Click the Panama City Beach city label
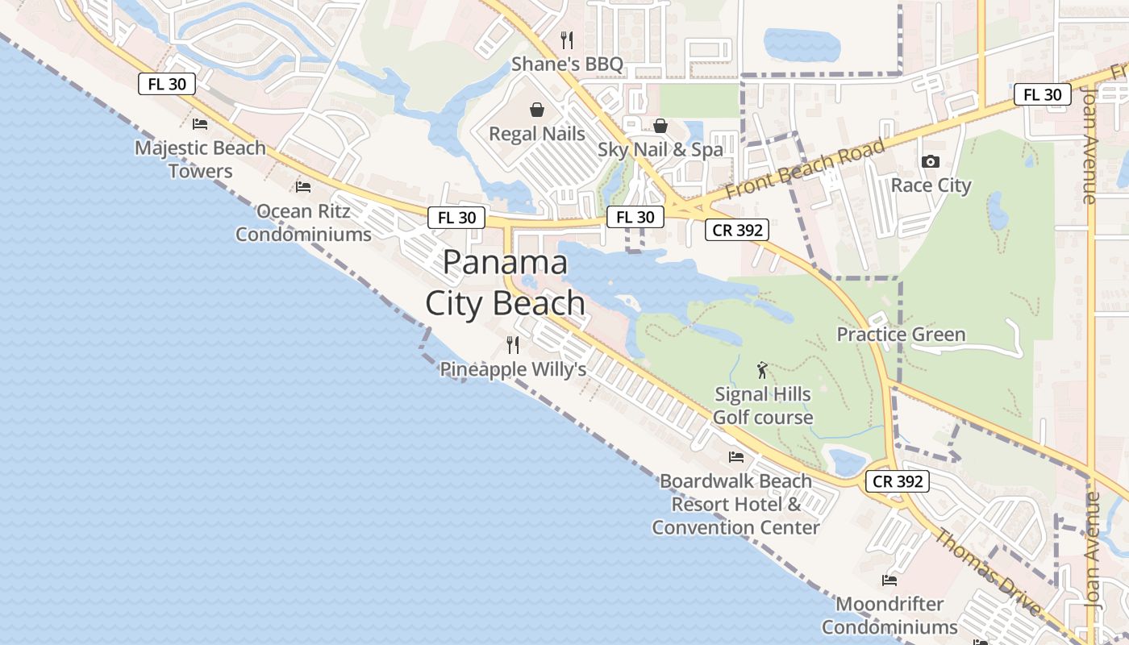pos(506,283)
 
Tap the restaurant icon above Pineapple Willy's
pos(513,345)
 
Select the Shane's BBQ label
pos(567,64)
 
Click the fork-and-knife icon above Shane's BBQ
pos(567,40)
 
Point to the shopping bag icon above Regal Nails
pos(537,110)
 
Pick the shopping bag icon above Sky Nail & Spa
pos(660,126)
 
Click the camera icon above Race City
pos(931,161)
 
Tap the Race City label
pos(931,185)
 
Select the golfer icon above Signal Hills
pos(762,370)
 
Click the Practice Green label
pos(901,334)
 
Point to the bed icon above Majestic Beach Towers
pos(200,124)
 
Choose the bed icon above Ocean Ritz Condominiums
pos(303,187)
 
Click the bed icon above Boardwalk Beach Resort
pos(736,457)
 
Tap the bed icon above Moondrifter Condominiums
pos(889,580)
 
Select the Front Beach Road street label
pos(805,169)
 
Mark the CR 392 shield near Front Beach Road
pos(737,230)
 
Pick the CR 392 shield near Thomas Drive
pos(898,481)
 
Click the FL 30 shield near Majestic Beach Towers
pos(167,84)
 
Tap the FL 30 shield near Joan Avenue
pos(1043,94)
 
